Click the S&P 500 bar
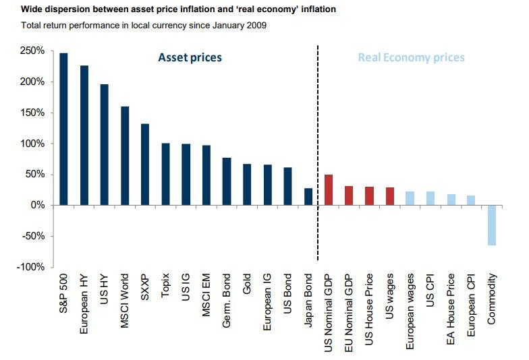63,129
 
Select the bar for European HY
84,135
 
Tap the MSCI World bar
125,156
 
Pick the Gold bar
247,184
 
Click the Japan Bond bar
308,196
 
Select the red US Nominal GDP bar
329,189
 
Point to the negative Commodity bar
491,225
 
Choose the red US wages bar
390,196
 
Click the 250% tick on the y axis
33,51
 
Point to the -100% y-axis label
32,267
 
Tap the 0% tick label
37,206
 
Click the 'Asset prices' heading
190,57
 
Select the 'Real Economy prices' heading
411,57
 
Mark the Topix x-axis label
165,288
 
